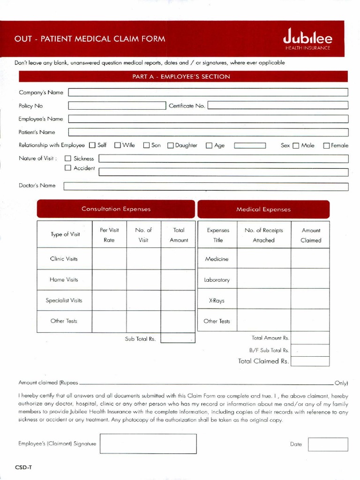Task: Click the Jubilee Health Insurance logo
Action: [307, 38]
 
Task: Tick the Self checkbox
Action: [92, 145]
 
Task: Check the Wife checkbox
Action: [117, 145]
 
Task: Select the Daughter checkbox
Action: [171, 145]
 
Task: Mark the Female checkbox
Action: [327, 145]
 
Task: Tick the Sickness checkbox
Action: [68, 158]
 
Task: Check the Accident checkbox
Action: [68, 168]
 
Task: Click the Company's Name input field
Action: [208, 92]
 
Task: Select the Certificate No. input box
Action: [277, 105]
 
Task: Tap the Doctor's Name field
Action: [206, 186]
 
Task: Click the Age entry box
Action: [250, 145]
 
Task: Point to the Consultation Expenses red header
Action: [116, 209]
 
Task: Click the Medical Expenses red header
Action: [263, 210]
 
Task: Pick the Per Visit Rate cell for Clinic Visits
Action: [109, 259]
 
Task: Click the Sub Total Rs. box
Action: [177, 338]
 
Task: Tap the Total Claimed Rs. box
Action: [310, 361]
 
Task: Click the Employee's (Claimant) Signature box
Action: [148, 443]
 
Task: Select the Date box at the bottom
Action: [328, 444]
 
